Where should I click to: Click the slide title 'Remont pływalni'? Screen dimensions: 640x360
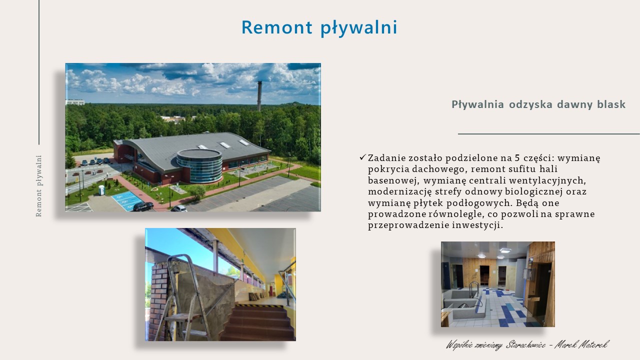tap(319, 27)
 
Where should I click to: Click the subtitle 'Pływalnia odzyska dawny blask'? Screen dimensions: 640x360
tap(538, 104)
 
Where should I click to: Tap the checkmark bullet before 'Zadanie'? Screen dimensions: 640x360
tap(362, 157)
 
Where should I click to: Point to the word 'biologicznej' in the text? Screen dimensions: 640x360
tap(533, 191)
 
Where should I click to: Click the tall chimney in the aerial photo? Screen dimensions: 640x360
tap(259, 96)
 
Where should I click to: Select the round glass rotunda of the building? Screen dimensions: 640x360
tap(199, 165)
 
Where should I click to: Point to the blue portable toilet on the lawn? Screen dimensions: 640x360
tap(101, 190)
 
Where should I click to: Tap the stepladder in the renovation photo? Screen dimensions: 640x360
tap(185, 297)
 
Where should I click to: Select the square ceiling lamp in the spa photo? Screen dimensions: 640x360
tap(505, 250)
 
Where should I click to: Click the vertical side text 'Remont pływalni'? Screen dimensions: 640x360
tap(39, 186)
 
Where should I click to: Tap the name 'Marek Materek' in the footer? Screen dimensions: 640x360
tap(581, 345)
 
